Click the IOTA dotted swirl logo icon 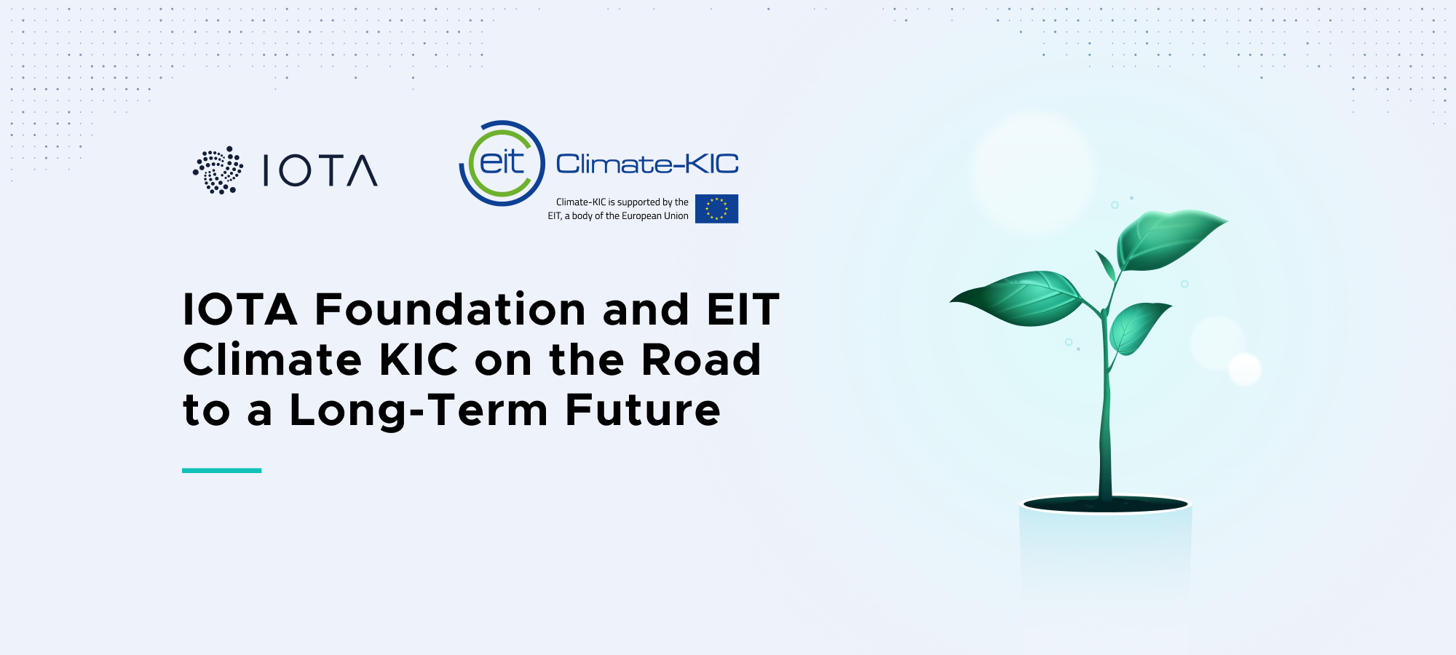[x=218, y=170]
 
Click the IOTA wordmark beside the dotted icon [x=320, y=170]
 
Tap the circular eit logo [x=502, y=163]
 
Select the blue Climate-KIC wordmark [x=647, y=164]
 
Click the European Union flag [x=716, y=209]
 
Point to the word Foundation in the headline [x=450, y=309]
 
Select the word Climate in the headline [x=272, y=360]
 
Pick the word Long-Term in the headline [x=419, y=410]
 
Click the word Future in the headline [x=643, y=410]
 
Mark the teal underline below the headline [x=222, y=471]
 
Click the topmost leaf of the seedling [x=1168, y=239]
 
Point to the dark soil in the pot [x=1105, y=504]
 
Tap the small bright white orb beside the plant [x=1245, y=369]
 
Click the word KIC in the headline [x=419, y=360]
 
